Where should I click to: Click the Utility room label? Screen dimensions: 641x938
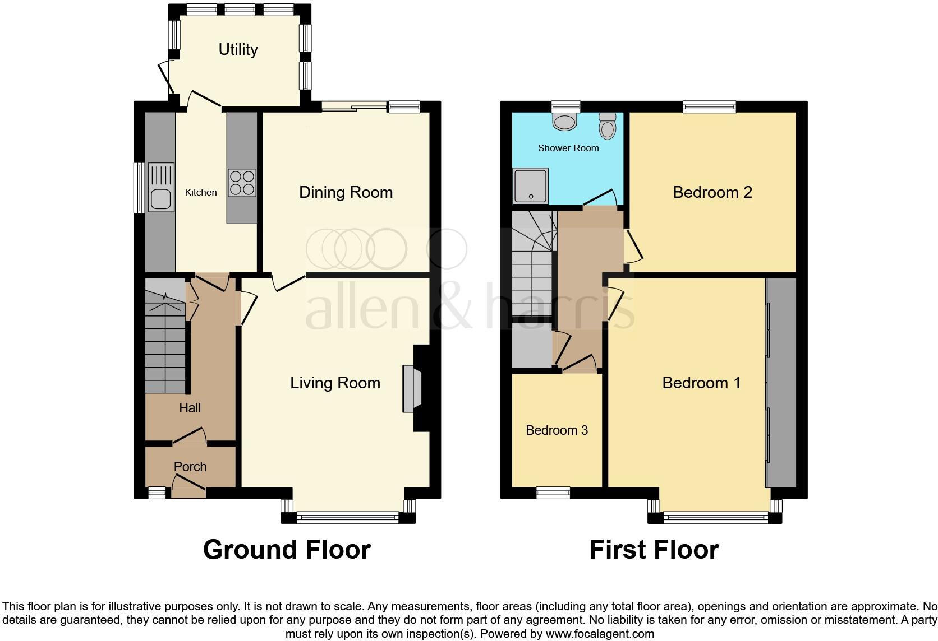coord(238,49)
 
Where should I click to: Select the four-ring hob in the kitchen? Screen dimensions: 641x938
coord(242,183)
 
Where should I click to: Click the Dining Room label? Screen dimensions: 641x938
coord(346,192)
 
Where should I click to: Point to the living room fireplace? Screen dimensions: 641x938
coord(412,389)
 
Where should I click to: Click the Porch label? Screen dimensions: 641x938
coord(190,467)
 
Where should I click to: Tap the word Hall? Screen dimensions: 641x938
coord(190,408)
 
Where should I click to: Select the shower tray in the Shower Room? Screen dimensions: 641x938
coord(530,185)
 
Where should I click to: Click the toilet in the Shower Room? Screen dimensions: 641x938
coord(608,126)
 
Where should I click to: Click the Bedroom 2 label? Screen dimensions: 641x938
coord(712,192)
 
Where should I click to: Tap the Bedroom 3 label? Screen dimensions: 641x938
coord(557,430)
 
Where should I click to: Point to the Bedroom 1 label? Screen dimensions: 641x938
coord(701,383)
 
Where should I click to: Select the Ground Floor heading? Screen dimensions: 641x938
coord(287,550)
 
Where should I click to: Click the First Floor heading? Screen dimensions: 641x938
coord(654,550)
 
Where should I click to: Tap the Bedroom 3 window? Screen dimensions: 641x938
coord(553,493)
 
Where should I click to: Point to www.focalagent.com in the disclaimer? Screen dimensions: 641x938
coord(600,634)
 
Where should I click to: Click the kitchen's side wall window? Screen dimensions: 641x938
coord(139,188)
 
